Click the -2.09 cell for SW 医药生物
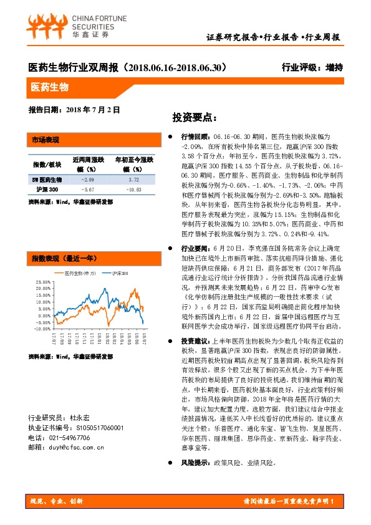(x=87, y=179)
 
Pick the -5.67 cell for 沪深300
(x=87, y=189)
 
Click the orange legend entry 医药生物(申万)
(x=78, y=273)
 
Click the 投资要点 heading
(x=195, y=117)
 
